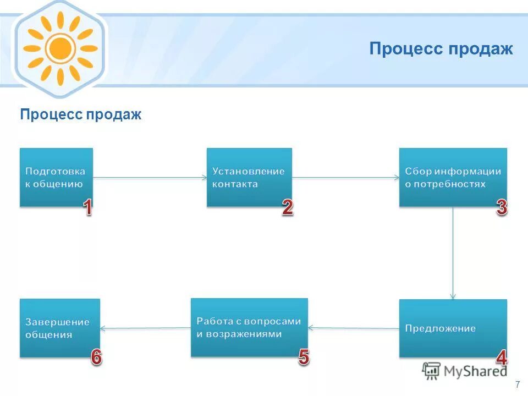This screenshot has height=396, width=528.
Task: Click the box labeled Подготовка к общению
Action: coord(56,177)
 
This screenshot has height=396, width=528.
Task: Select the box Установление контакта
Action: coord(249,177)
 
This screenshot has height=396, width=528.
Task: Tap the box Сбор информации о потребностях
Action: coord(453,177)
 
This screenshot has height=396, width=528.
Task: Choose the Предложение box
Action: coord(453,328)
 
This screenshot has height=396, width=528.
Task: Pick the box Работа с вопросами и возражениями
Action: coord(249,327)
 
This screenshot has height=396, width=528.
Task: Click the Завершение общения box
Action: coord(60,328)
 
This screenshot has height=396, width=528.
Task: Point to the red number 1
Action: coord(87,207)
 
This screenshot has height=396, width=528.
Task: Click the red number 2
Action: coord(287,207)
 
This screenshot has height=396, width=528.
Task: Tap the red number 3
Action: coord(501,207)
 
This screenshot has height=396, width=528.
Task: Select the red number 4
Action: coord(501,358)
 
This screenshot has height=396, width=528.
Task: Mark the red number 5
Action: coord(304,358)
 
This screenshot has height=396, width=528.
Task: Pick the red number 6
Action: coord(96,358)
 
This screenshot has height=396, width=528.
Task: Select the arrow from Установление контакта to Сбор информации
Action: coord(345,177)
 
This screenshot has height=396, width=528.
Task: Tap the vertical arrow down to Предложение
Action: coord(453,253)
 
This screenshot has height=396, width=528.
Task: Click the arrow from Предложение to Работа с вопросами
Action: coord(353,328)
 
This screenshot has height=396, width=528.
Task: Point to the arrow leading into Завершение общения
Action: coord(145,328)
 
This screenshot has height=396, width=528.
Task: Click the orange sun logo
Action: coord(60,49)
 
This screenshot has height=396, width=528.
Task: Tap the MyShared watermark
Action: coord(465,371)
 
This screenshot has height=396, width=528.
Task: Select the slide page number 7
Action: coord(518,384)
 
